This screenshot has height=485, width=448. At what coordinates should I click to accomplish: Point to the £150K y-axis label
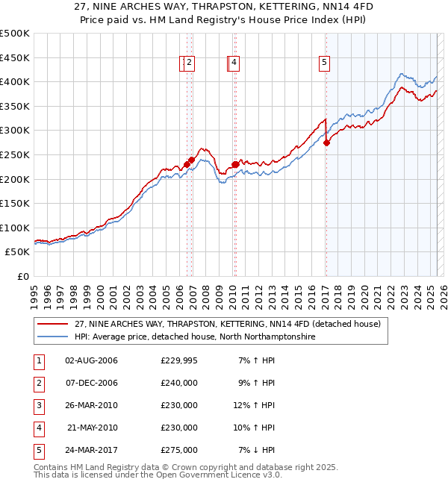(15, 203)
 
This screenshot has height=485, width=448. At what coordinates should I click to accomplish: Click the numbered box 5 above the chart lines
(325, 63)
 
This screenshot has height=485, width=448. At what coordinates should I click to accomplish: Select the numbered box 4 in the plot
(234, 63)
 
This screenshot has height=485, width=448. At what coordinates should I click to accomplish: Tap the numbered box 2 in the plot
(190, 63)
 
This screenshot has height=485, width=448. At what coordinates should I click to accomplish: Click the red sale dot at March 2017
(326, 143)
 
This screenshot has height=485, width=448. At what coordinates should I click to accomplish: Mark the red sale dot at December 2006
(192, 160)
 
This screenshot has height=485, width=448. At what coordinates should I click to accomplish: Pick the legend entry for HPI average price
(194, 337)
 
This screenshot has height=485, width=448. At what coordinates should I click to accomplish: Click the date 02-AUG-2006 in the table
(91, 360)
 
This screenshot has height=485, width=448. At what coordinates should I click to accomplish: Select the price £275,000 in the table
(179, 450)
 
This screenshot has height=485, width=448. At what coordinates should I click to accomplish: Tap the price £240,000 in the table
(179, 383)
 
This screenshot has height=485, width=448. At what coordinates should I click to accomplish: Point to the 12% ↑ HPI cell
(255, 405)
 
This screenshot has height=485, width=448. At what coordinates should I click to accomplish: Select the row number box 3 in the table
(38, 405)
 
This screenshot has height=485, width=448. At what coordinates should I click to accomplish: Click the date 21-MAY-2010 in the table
(92, 428)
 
